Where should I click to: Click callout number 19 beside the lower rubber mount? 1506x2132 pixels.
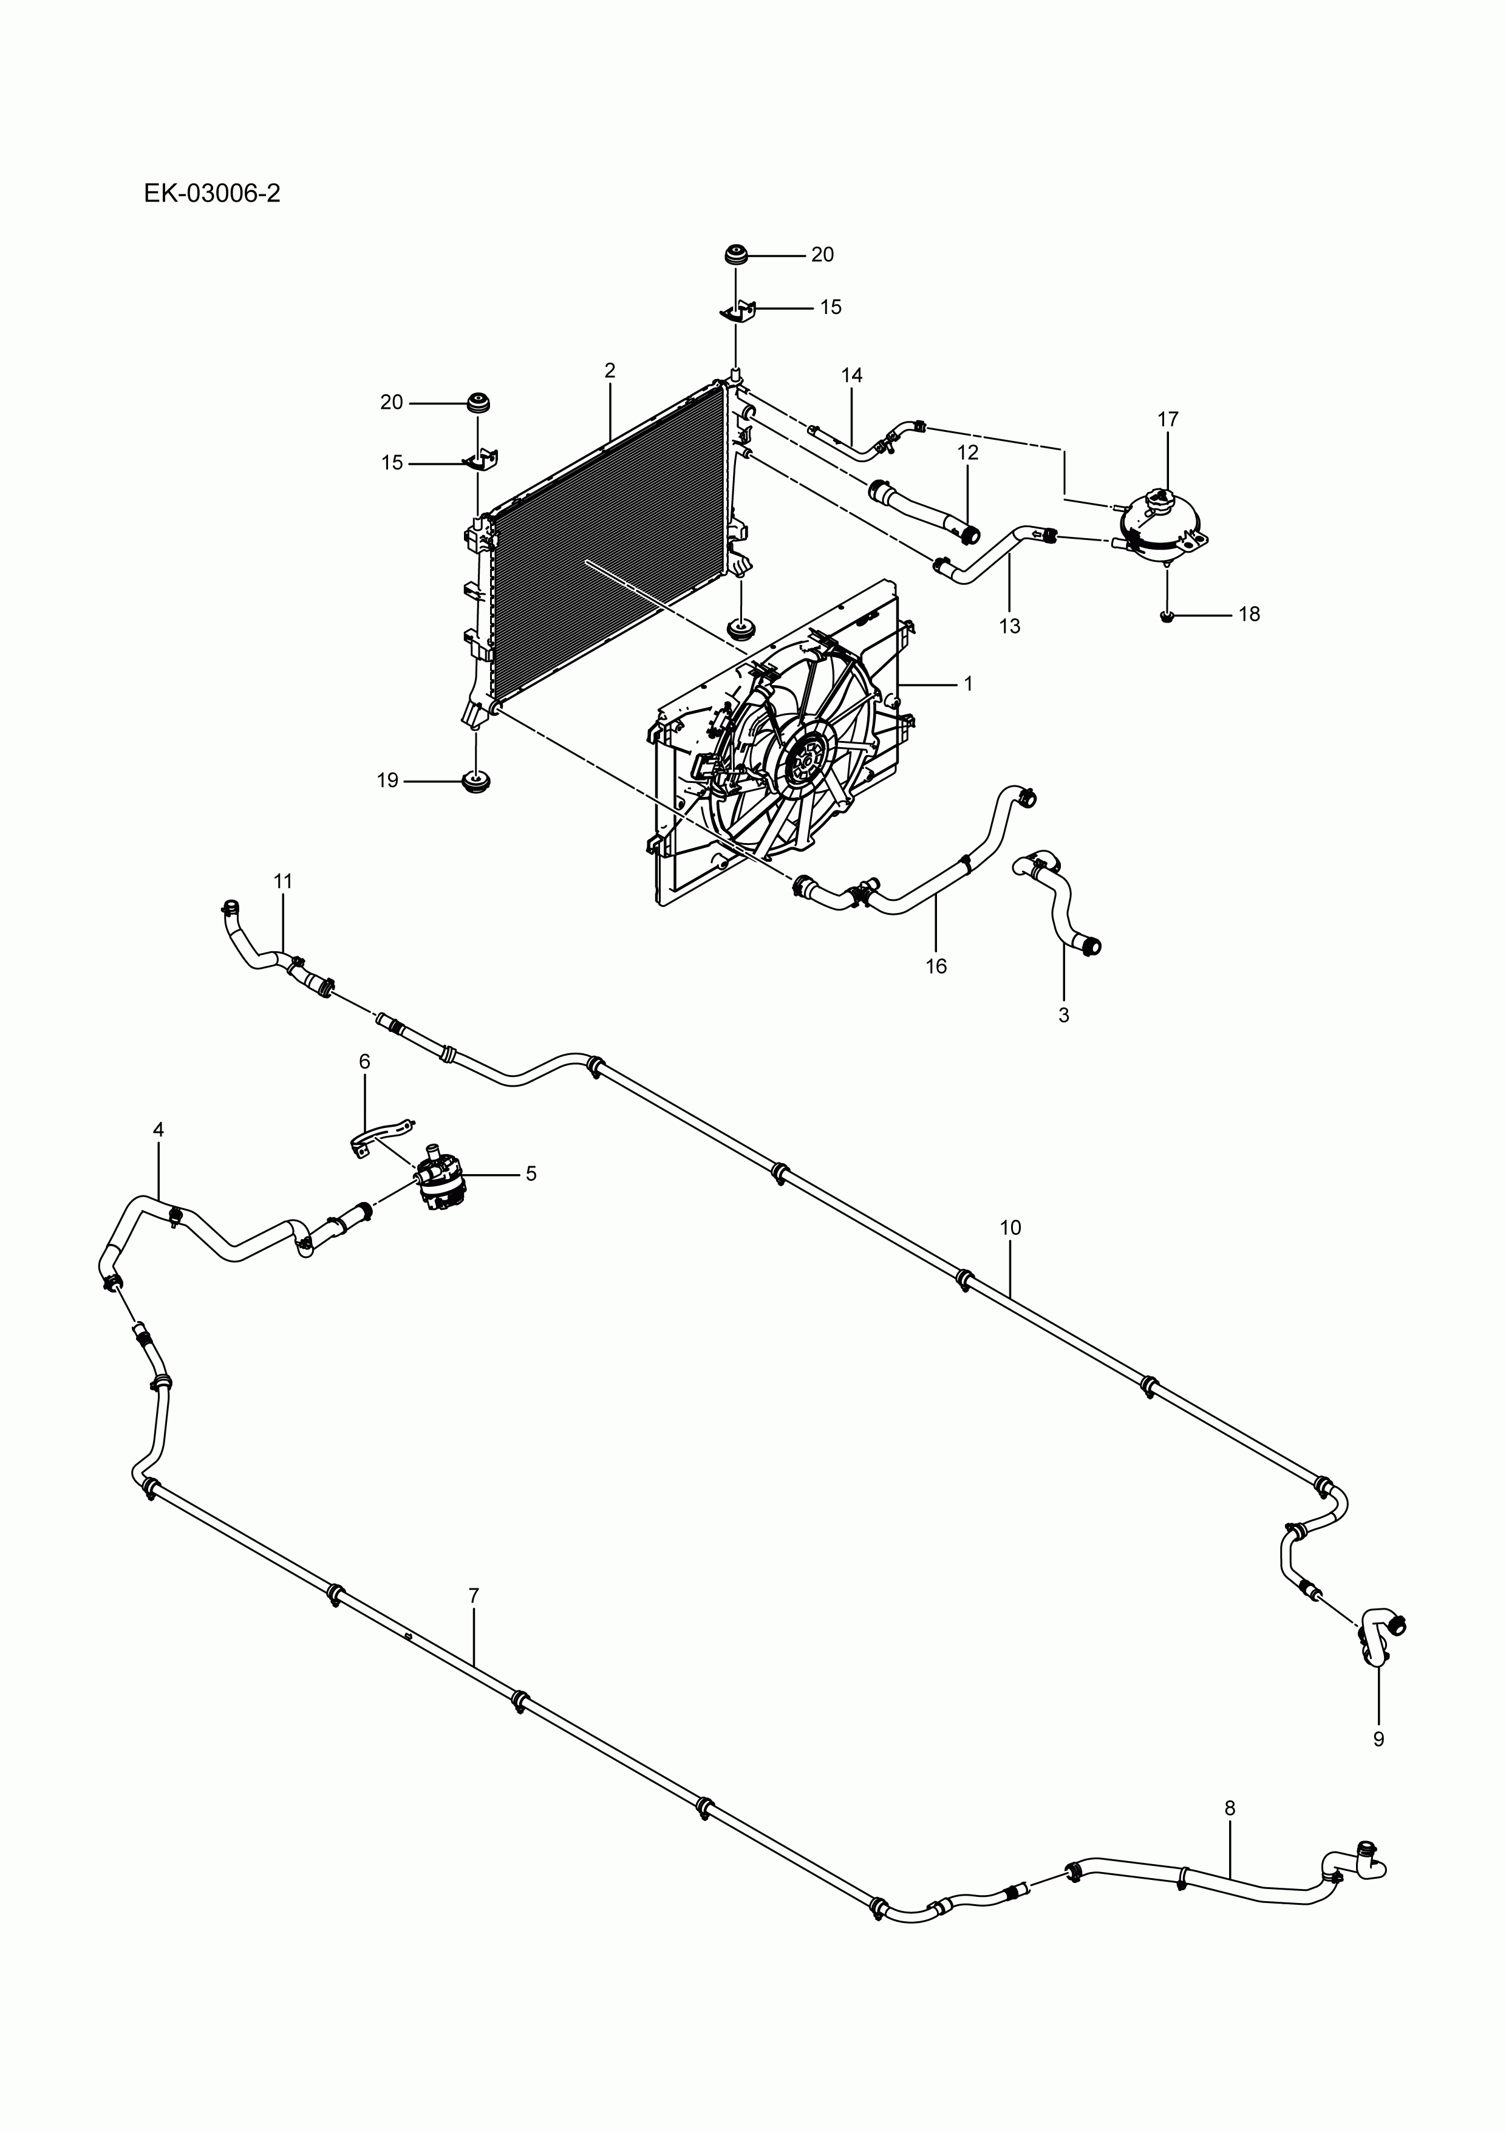pos(387,781)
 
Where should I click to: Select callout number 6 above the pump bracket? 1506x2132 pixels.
pos(364,1061)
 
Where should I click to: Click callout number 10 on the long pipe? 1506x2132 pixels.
pos(1010,1228)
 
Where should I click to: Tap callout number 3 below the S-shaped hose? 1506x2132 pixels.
pos(1063,1015)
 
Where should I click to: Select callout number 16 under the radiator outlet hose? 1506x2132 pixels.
pos(935,966)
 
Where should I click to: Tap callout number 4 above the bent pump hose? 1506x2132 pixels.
pos(158,1129)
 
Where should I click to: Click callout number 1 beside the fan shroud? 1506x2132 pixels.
pos(969,683)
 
